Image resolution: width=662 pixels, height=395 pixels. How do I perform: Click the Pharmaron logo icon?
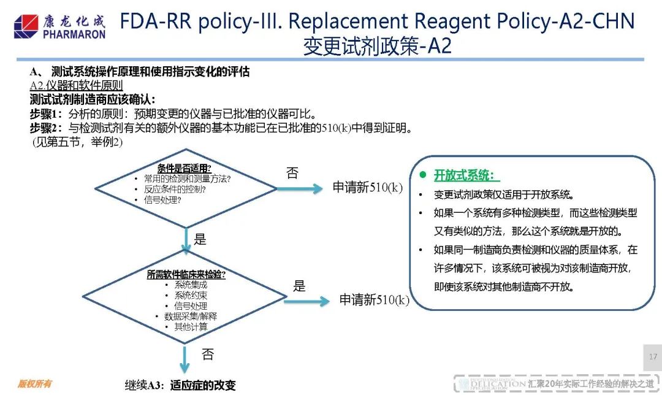tap(26, 26)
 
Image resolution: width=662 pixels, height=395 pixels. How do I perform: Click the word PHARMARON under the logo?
tap(74, 34)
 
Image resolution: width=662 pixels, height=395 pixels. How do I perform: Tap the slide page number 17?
tap(653, 357)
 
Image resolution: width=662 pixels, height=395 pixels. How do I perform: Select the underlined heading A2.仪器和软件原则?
tap(76, 86)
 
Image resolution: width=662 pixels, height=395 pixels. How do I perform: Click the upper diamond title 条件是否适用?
tap(184, 169)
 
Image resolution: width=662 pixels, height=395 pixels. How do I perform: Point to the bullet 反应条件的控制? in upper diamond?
tap(175, 190)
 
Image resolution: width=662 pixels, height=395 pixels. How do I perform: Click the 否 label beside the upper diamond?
tap(292, 173)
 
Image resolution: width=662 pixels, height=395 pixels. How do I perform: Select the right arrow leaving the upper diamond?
tap(299, 188)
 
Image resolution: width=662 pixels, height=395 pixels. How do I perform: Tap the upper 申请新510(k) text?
tap(367, 187)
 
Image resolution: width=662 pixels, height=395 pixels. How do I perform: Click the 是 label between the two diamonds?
tap(200, 240)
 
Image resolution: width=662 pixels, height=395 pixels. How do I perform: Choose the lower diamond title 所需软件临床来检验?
tap(186, 275)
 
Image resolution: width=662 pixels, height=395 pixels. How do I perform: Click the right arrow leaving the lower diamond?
tap(306, 301)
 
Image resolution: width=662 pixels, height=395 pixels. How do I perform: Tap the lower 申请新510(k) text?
tap(374, 300)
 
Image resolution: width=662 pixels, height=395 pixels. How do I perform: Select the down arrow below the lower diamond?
tap(184, 359)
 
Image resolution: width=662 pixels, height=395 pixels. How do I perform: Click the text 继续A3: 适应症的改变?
tap(180, 385)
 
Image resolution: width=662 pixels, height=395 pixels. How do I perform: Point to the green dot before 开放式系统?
tap(422, 174)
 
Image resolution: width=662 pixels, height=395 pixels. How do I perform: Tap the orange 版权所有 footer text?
tap(34, 383)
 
